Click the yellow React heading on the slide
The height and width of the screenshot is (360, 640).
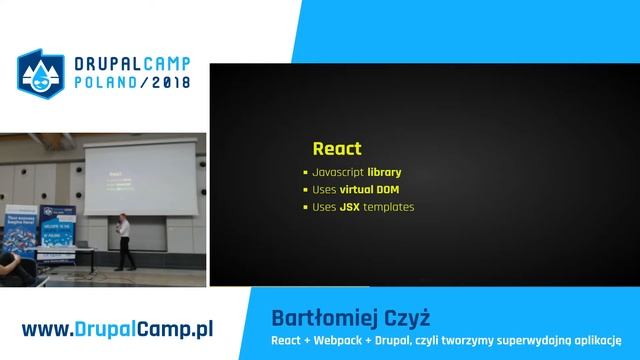pyautogui.click(x=336, y=149)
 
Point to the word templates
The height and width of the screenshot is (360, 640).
pyautogui.click(x=392, y=208)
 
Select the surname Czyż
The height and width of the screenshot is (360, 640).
pyautogui.click(x=408, y=318)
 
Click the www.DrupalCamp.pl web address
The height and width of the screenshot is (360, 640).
pyautogui.click(x=120, y=328)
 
